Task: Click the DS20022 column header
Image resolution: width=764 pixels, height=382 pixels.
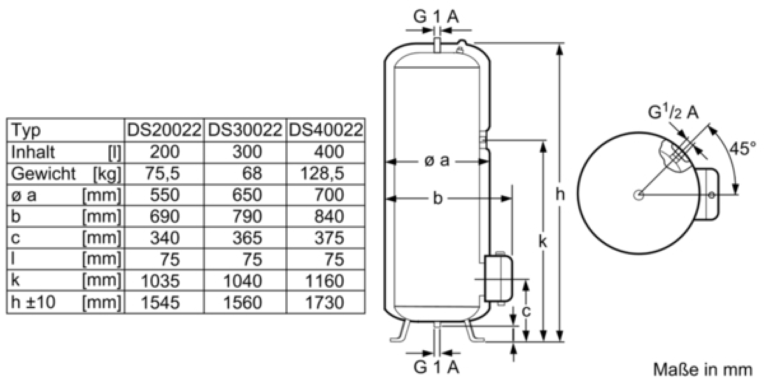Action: coord(164,130)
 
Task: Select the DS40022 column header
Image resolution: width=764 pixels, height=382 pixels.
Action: coord(326,130)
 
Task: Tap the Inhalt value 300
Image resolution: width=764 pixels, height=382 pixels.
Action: coord(247,152)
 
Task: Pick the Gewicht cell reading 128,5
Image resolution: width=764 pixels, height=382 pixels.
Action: coord(322,174)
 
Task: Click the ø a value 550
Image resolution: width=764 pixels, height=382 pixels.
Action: coord(164,195)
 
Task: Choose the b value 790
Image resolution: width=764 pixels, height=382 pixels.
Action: coord(247,216)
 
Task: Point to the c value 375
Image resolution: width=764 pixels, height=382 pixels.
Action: coord(329,237)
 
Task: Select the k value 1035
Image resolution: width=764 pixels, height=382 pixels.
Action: coord(160,281)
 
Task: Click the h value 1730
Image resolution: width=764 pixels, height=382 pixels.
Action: coord(324,302)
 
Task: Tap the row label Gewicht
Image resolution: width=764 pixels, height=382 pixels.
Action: coord(43,174)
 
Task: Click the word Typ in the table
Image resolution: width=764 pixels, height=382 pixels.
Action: coord(26,131)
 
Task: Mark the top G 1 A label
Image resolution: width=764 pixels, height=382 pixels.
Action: coord(436,16)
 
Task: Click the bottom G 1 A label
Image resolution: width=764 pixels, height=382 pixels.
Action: coord(436,367)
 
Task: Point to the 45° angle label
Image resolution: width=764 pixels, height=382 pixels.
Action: coord(742,148)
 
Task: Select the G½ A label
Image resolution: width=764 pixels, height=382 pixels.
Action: coord(673,112)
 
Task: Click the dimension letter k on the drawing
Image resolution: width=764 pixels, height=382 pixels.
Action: coord(542,241)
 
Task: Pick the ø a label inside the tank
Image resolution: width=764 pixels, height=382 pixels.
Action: coord(437,160)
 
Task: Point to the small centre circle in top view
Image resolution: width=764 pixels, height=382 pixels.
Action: coord(639,195)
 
